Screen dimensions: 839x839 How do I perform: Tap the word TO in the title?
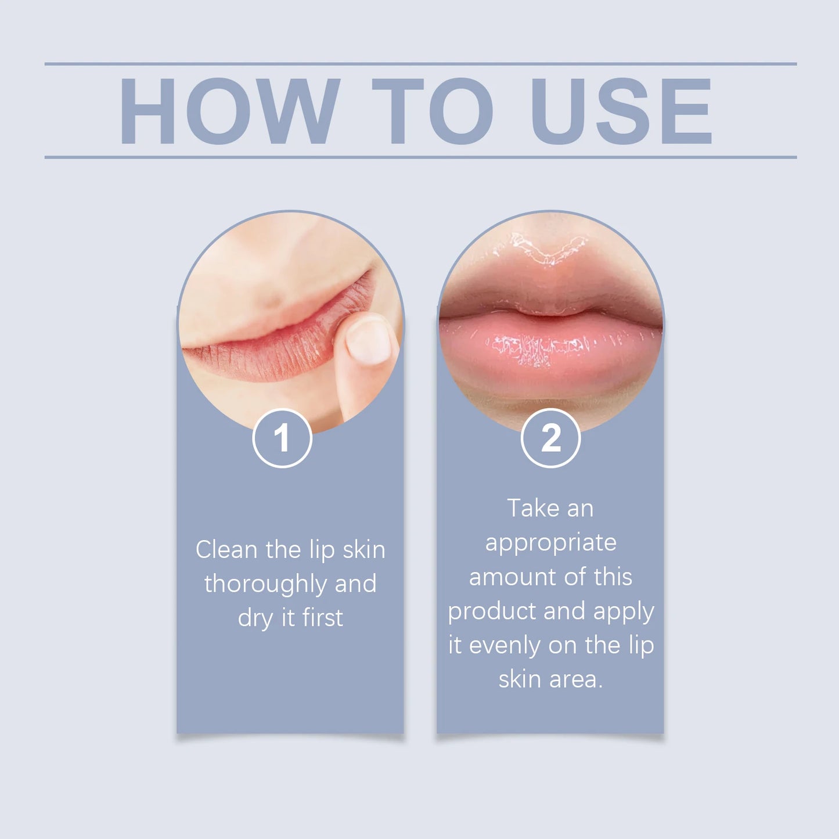(x=432, y=111)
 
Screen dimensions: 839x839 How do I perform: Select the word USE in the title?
(x=621, y=111)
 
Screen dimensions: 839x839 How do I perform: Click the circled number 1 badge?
(x=282, y=438)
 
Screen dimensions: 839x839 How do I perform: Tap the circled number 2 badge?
(x=550, y=438)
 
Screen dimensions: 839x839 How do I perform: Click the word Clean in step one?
(x=226, y=549)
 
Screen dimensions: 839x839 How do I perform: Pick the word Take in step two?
(x=533, y=509)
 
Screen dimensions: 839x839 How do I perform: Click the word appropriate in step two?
(x=550, y=543)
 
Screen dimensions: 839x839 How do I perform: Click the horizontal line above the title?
(x=420, y=64)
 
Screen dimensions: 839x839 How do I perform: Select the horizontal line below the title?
(x=420, y=157)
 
